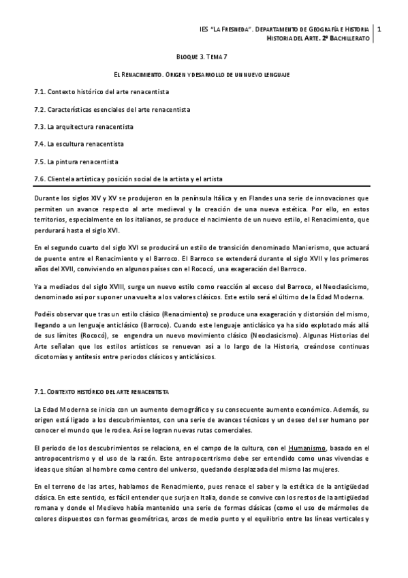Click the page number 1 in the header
click(x=379, y=29)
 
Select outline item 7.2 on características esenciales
click(x=112, y=109)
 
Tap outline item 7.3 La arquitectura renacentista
click(x=84, y=127)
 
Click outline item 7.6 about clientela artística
click(x=127, y=179)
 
